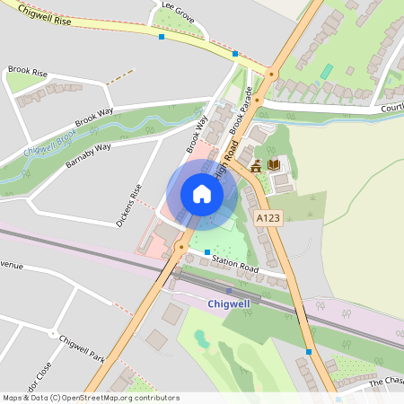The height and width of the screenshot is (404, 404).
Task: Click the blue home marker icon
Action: click(202, 194)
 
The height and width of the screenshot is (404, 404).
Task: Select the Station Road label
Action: click(236, 263)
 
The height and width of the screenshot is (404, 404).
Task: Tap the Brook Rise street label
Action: click(27, 69)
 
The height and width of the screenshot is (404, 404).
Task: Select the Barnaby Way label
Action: click(88, 152)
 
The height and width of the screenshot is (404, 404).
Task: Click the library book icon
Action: click(274, 165)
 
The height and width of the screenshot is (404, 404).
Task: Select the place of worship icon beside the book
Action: click(257, 165)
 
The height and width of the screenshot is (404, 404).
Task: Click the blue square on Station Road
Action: click(207, 252)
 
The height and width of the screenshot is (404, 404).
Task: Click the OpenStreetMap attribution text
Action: click(91, 397)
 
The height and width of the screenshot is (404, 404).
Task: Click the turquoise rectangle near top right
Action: click(327, 71)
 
